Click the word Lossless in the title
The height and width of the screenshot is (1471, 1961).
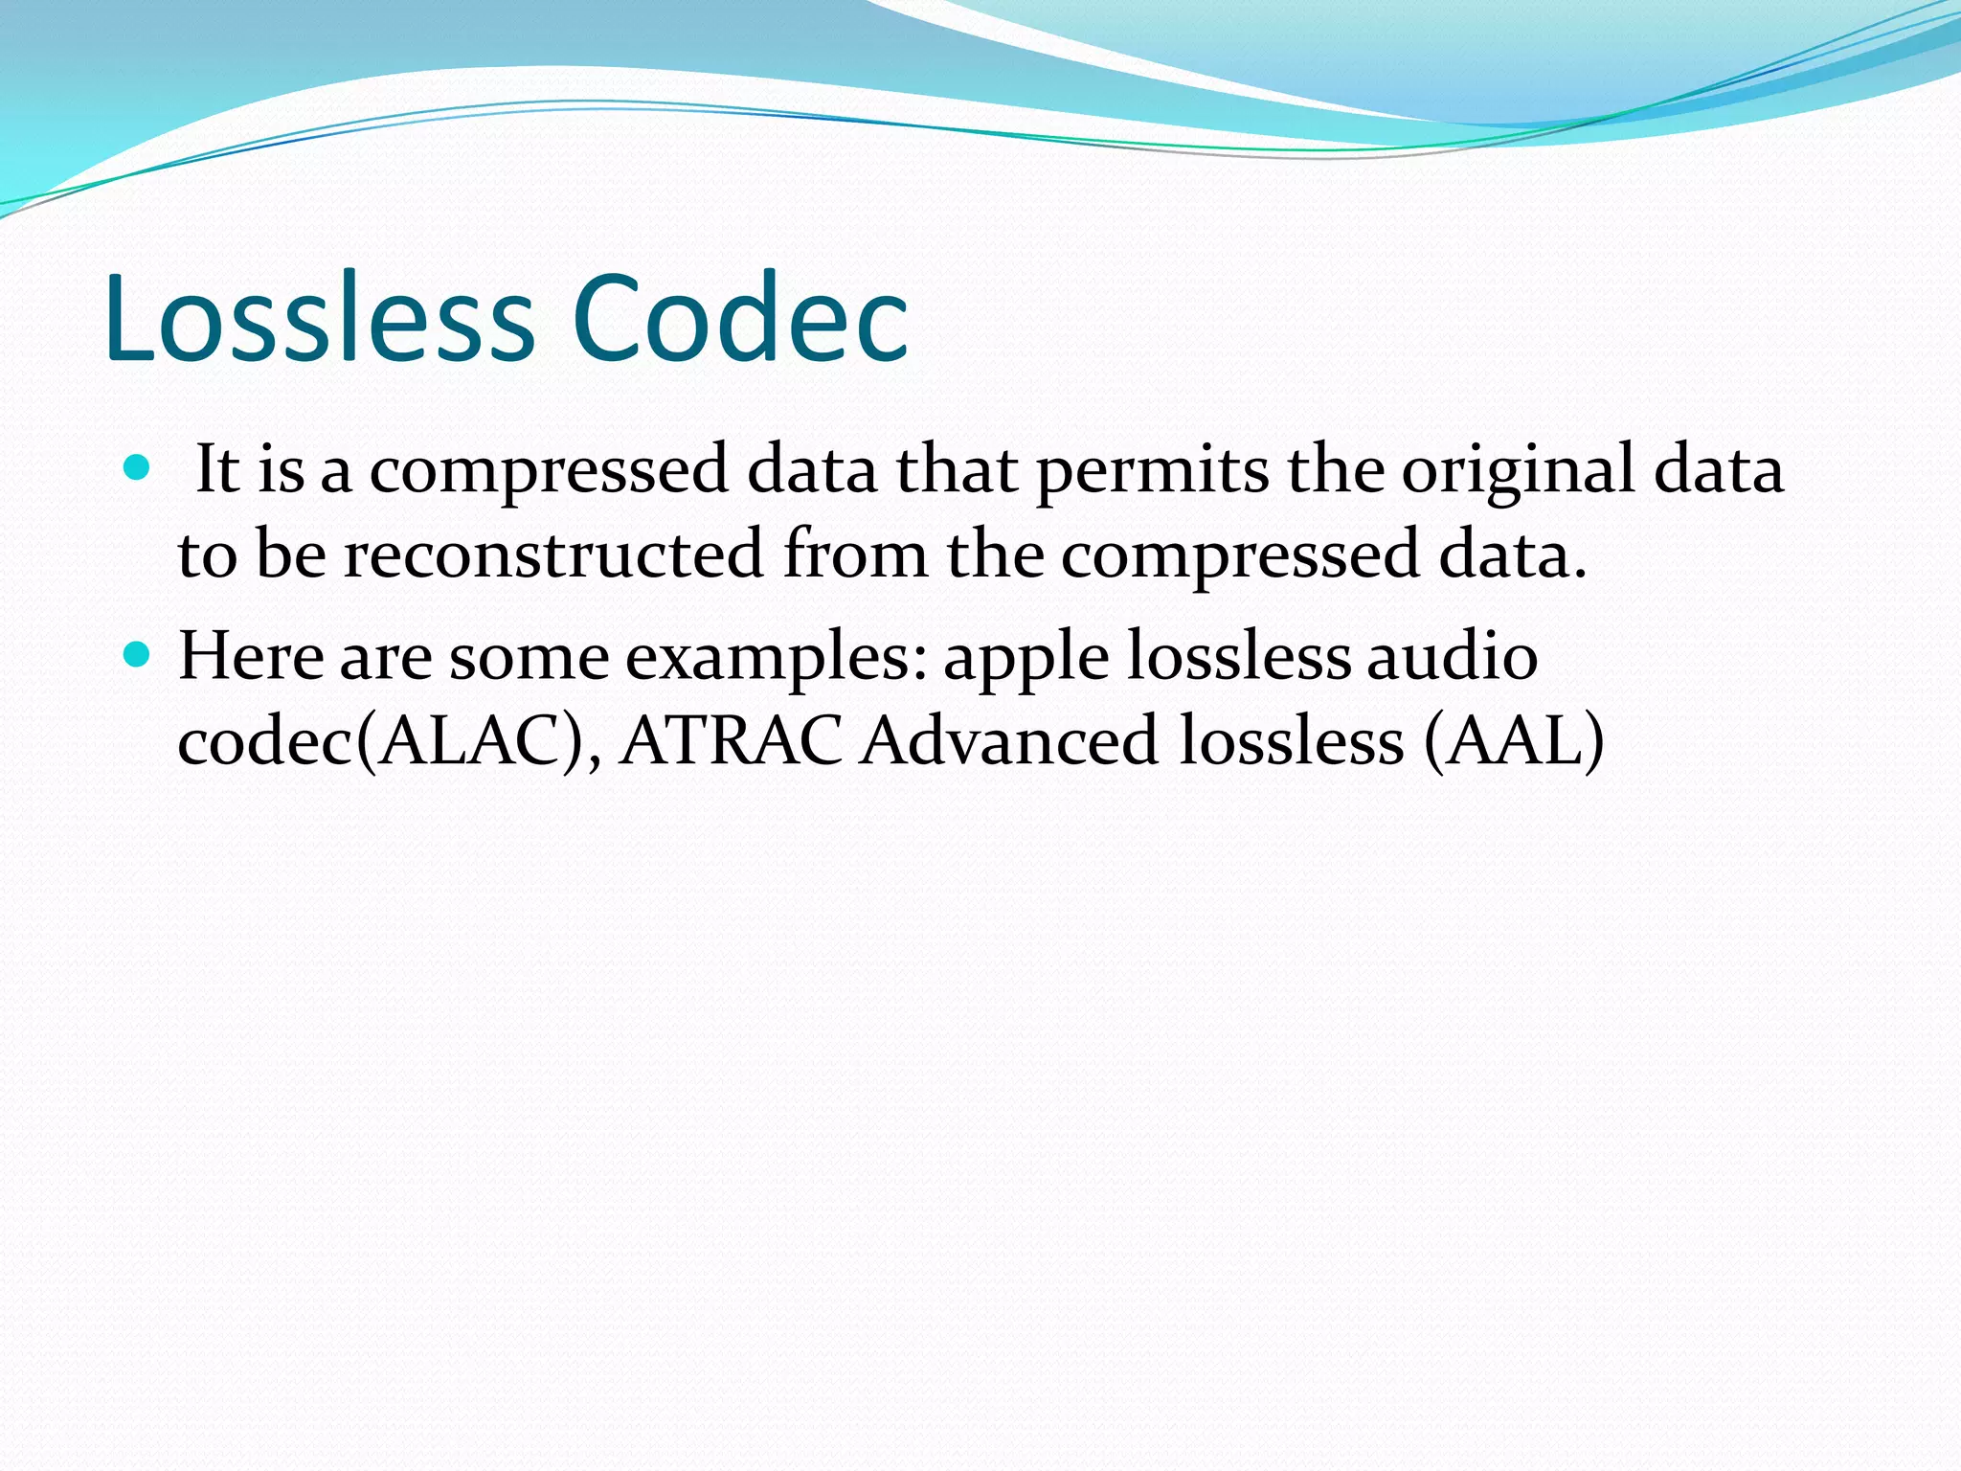click(319, 318)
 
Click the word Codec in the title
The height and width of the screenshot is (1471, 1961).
click(739, 318)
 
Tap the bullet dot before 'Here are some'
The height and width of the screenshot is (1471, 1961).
click(138, 655)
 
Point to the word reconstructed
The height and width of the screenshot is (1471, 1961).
click(553, 555)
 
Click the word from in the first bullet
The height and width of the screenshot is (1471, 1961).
click(855, 555)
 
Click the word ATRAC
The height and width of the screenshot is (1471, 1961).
click(731, 741)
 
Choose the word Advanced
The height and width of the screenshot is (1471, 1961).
click(1008, 741)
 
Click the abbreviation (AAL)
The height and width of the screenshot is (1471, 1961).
click(1513, 741)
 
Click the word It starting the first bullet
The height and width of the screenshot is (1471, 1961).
click(216, 471)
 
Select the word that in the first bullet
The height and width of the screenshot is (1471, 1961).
click(956, 471)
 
